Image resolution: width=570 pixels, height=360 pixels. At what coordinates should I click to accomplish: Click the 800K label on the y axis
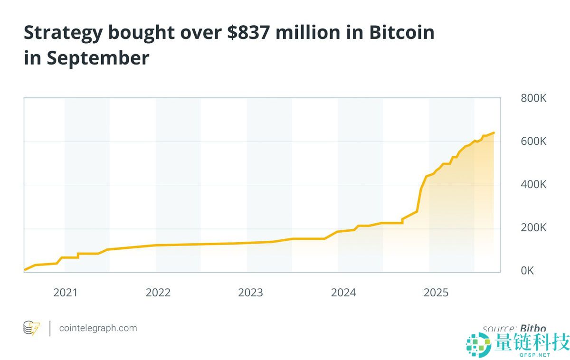(x=533, y=98)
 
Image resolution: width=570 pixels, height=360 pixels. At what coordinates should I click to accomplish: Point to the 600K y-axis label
(x=533, y=142)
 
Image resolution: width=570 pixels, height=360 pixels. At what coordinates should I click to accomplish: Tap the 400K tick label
(x=533, y=184)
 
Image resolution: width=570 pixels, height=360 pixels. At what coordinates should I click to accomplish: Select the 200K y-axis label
(x=533, y=227)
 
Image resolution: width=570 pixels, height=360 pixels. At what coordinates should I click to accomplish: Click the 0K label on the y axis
(x=527, y=271)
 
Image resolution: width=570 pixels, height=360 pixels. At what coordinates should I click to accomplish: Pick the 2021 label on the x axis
(x=65, y=293)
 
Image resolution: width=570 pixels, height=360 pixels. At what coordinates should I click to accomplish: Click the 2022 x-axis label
(x=158, y=293)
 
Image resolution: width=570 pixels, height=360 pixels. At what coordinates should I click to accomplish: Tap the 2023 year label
(x=250, y=293)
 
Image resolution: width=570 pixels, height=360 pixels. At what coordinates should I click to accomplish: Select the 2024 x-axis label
(x=343, y=293)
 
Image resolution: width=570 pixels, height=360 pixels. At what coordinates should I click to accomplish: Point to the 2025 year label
(x=436, y=293)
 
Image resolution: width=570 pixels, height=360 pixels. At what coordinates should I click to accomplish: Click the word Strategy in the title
(x=63, y=33)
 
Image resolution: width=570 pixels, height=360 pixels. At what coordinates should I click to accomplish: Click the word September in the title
(x=98, y=58)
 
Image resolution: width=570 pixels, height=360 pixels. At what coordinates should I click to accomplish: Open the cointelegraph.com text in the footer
(x=98, y=328)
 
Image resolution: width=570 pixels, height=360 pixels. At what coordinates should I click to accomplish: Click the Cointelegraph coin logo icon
(x=32, y=328)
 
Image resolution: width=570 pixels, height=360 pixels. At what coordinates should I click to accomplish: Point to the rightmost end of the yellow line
(x=494, y=133)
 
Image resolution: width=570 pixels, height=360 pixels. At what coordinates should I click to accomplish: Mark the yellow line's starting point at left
(x=25, y=270)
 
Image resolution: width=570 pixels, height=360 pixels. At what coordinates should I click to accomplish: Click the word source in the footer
(x=498, y=328)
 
